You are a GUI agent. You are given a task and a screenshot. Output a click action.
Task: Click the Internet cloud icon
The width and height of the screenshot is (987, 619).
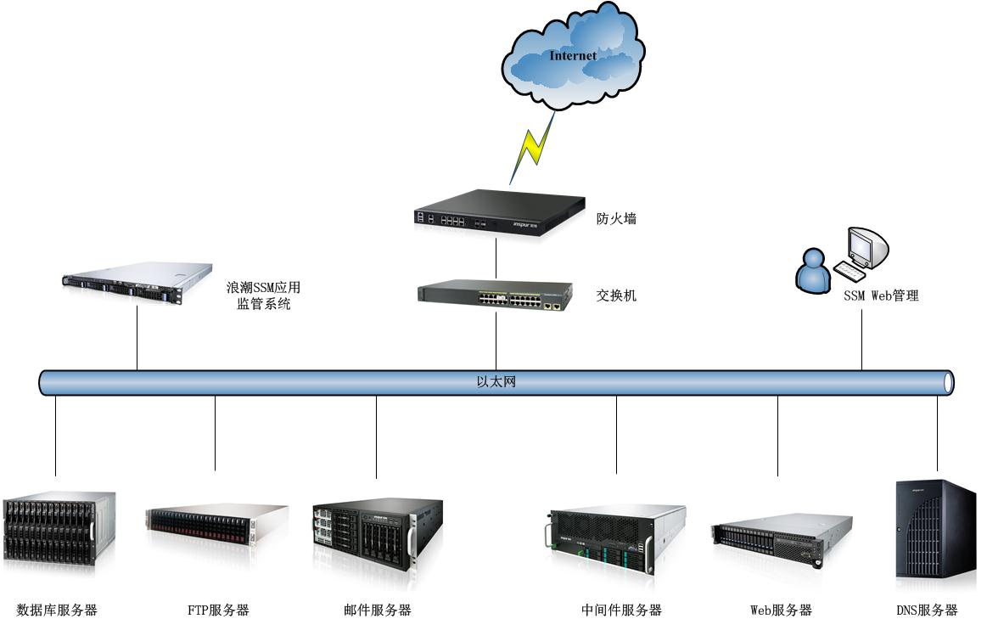click(573, 56)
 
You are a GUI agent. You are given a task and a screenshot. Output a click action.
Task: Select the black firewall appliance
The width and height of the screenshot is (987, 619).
click(500, 211)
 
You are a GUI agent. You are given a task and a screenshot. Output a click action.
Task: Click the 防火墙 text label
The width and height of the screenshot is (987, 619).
click(616, 218)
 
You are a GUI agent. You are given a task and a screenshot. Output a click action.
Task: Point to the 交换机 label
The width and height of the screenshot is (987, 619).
click(616, 295)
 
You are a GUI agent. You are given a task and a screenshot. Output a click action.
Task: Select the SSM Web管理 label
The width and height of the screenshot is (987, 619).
click(880, 296)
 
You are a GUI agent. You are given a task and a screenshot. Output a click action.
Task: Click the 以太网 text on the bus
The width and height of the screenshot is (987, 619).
click(496, 382)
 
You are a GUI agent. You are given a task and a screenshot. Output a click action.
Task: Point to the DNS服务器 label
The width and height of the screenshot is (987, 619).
click(927, 610)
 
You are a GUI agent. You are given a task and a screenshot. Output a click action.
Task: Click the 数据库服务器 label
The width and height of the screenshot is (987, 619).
click(57, 610)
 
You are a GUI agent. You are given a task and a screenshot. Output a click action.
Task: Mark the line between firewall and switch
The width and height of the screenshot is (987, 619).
click(496, 257)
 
